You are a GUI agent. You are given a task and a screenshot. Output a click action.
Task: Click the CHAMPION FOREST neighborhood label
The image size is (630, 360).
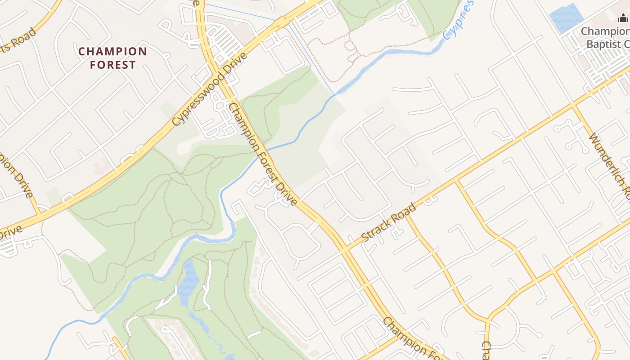pyautogui.click(x=112, y=58)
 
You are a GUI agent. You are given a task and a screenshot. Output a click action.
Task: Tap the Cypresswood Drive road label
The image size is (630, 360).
pyautogui.click(x=210, y=89)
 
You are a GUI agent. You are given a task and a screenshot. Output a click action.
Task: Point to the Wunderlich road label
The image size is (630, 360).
pyautogui.click(x=610, y=166)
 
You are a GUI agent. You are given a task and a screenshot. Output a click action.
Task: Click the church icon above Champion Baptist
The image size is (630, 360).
pyautogui.click(x=623, y=18)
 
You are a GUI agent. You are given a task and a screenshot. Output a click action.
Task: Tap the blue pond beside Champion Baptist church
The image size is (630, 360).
pyautogui.click(x=566, y=18)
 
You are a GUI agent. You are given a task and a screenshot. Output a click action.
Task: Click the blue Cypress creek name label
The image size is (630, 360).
pyautogui.click(x=458, y=20)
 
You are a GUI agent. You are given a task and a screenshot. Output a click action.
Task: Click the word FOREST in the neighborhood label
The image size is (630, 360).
pyautogui.click(x=112, y=65)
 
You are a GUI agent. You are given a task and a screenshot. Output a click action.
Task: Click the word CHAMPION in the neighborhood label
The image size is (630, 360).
pyautogui.click(x=112, y=51)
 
